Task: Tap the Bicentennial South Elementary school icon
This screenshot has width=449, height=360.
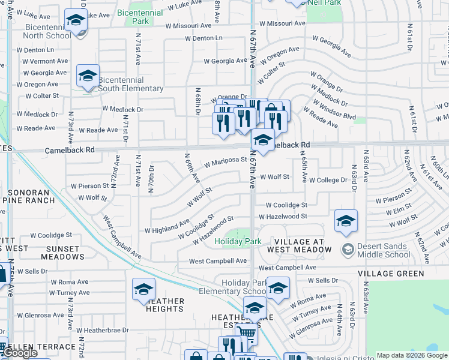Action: pyautogui.click(x=88, y=76)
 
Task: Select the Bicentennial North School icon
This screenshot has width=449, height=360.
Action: pyautogui.click(x=76, y=22)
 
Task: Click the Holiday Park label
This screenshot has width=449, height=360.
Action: pyautogui.click(x=238, y=242)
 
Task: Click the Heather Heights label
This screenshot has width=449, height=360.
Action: pyautogui.click(x=164, y=305)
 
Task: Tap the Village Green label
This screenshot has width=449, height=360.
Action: pyautogui.click(x=391, y=274)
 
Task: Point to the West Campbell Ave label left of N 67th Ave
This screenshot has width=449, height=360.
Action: pyautogui.click(x=218, y=262)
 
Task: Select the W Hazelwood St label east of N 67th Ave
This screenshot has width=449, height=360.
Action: pyautogui.click(x=282, y=216)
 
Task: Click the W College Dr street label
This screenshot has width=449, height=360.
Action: pyautogui.click(x=328, y=180)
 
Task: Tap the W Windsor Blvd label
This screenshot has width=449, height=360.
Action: pyautogui.click(x=337, y=110)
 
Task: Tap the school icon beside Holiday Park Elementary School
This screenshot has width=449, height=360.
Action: pyautogui.click(x=278, y=289)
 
